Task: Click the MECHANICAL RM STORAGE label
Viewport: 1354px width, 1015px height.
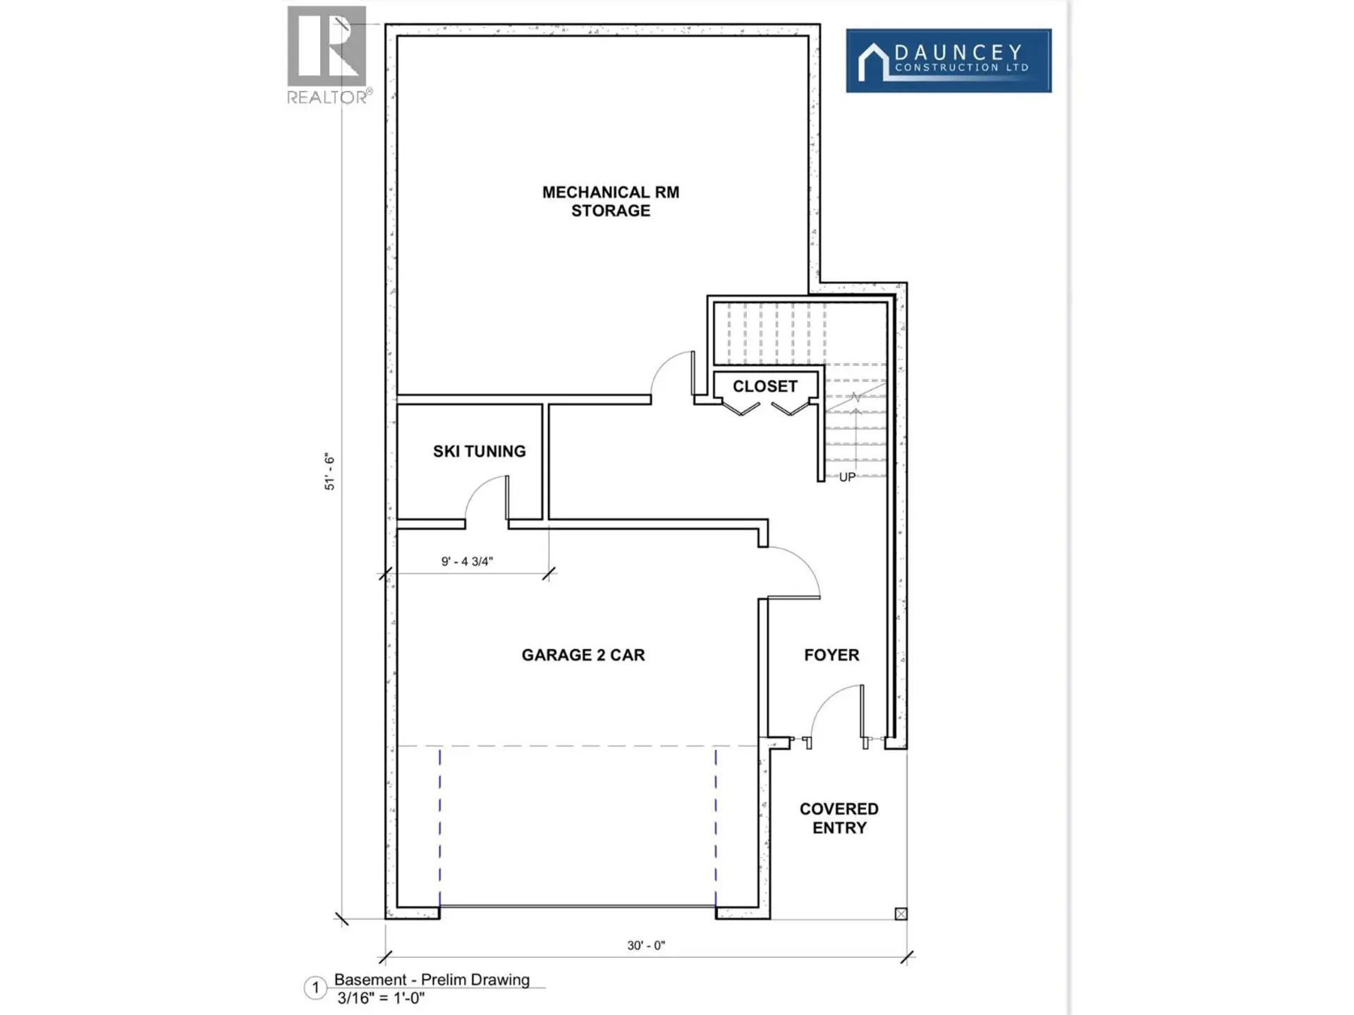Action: [x=610, y=202]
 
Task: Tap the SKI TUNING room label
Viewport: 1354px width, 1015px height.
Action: [x=479, y=451]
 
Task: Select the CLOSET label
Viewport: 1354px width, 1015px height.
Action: [x=764, y=386]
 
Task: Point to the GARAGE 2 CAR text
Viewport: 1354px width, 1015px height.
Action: [x=583, y=655]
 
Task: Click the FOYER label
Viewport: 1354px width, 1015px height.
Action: [x=831, y=655]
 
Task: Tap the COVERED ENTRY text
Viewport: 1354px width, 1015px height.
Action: [x=838, y=818]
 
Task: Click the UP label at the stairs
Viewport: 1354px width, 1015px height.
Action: [x=847, y=477]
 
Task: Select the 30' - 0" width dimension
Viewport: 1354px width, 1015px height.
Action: [x=646, y=945]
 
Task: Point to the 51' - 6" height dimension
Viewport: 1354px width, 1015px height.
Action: [x=329, y=472]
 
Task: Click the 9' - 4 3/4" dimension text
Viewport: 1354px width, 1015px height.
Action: [x=467, y=562]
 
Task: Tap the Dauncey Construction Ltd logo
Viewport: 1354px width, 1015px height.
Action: [x=949, y=61]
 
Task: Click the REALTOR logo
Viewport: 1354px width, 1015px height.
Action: [x=327, y=55]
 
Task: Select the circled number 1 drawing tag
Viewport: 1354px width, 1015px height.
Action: [x=315, y=988]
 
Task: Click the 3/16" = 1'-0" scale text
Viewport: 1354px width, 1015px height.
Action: [x=381, y=998]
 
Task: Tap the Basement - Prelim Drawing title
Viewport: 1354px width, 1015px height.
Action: [x=432, y=980]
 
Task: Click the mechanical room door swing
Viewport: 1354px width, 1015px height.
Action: [x=671, y=374]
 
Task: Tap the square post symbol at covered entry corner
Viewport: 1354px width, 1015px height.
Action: [x=901, y=914]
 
